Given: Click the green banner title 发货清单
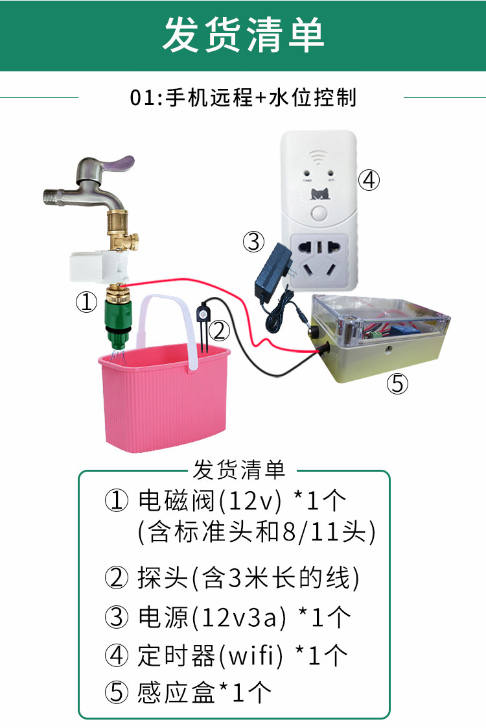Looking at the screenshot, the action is pos(243,35).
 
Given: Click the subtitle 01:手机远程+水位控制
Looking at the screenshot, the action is pos(243,98).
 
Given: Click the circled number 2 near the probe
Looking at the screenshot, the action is pos(220,331).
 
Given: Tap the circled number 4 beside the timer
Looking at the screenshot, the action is pos(369,180).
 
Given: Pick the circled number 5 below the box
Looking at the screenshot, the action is pos(397,384).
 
